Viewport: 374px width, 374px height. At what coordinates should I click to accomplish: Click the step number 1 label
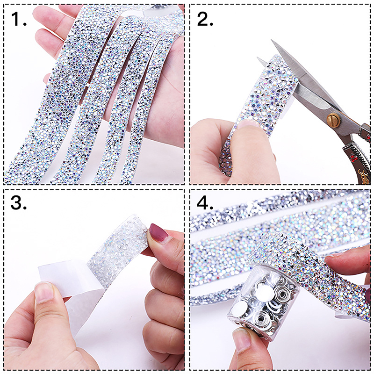coord(18,19)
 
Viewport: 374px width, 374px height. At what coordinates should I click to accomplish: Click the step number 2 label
coord(205,19)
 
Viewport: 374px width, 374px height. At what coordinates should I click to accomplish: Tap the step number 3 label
coord(18,202)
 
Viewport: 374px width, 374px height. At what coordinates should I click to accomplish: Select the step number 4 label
coord(205,202)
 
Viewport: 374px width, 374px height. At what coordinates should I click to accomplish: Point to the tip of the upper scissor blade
coord(271,40)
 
